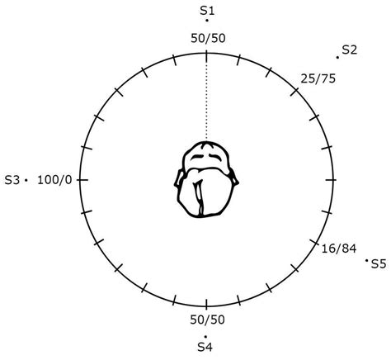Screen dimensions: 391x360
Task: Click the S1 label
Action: (207, 11)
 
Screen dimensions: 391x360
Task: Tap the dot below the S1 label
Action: (207, 20)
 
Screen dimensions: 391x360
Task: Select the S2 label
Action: (350, 50)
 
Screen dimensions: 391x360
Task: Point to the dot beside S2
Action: (337, 58)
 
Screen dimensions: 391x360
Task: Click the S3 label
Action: (12, 181)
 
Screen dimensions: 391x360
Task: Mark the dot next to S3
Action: (26, 180)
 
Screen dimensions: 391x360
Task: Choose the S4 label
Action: (205, 347)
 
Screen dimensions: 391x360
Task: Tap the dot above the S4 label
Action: (205, 336)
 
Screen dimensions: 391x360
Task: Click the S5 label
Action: (379, 264)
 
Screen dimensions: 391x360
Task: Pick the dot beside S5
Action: (366, 260)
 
